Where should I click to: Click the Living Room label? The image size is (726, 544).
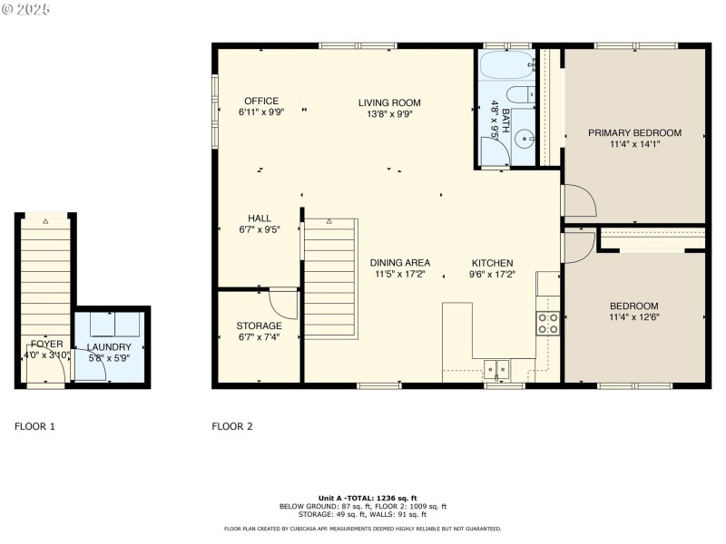[x=389, y=102]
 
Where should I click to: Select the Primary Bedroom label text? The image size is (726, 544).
[x=634, y=132]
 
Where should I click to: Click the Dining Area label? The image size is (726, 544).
[x=399, y=262]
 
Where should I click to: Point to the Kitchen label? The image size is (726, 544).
[x=492, y=262]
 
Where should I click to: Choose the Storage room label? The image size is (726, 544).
[x=259, y=325]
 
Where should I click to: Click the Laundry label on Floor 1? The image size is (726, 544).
[x=109, y=346]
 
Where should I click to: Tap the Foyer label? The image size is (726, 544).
[x=46, y=344]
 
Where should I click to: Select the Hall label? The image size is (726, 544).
[x=260, y=219]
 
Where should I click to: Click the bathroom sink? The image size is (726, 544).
[x=524, y=140]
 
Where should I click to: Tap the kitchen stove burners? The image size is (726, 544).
[x=548, y=324]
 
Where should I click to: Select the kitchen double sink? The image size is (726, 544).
[x=496, y=368]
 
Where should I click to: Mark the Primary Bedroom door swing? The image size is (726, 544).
[x=579, y=200]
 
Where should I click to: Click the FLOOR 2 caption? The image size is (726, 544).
[x=231, y=426]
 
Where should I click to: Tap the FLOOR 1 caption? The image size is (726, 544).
[x=34, y=426]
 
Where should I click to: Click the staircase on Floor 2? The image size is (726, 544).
[x=329, y=277]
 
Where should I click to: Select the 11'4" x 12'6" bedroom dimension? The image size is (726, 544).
[x=634, y=317]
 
